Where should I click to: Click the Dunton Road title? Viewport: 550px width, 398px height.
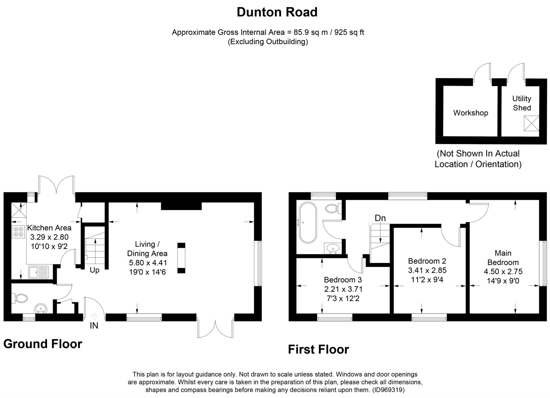(277, 12)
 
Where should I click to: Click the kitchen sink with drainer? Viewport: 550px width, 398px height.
(39, 272)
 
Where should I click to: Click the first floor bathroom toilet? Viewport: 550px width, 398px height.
(333, 208)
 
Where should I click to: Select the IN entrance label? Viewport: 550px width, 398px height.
(94, 326)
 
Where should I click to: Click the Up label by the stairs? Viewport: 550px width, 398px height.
(95, 270)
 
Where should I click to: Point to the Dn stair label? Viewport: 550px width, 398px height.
(380, 218)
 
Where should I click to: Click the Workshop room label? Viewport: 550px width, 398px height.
(471, 113)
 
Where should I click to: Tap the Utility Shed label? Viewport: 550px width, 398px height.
(522, 103)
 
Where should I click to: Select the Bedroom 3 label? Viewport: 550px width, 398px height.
(343, 280)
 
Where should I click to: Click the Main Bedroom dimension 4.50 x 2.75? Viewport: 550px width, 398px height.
(503, 272)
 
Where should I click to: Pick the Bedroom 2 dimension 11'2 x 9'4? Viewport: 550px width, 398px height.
(427, 280)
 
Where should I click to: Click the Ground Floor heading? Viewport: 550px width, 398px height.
(43, 344)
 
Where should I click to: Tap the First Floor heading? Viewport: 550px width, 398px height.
(319, 349)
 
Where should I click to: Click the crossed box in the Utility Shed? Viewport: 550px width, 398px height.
(531, 123)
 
